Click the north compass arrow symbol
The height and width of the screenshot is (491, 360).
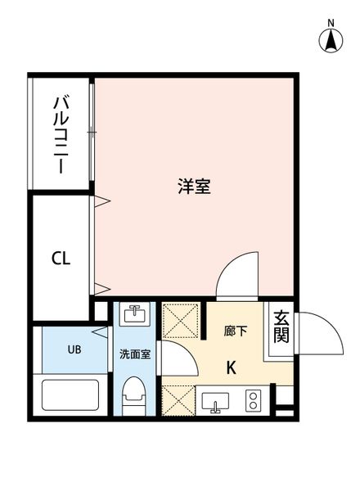pyautogui.click(x=331, y=39)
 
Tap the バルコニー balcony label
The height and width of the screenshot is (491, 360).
pyautogui.click(x=61, y=133)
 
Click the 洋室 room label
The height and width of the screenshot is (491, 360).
pyautogui.click(x=195, y=186)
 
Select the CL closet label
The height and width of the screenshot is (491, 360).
pyautogui.click(x=61, y=259)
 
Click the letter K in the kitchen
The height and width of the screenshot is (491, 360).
pyautogui.click(x=232, y=367)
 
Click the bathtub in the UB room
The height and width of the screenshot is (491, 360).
pyautogui.click(x=70, y=397)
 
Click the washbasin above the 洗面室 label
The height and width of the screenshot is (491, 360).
pyautogui.click(x=133, y=315)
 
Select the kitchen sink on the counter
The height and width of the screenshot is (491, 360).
pyautogui.click(x=217, y=402)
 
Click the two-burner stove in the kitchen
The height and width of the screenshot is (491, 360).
pyautogui.click(x=253, y=401)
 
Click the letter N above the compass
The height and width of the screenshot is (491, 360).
pyautogui.click(x=331, y=22)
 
